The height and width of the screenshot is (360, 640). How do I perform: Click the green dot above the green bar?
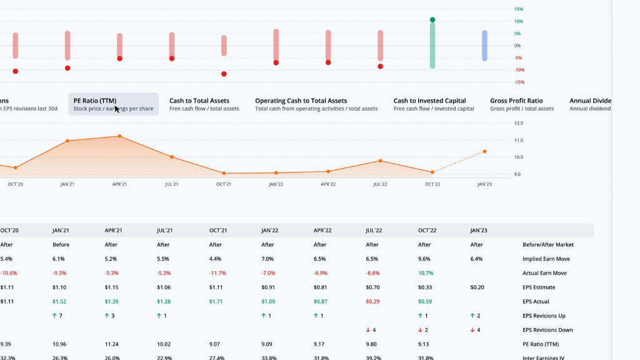(432, 20)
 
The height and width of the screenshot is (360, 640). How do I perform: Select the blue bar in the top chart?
(484, 46)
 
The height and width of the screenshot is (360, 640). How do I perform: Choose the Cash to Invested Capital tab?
(429, 101)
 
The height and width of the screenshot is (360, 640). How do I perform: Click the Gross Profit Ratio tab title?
(516, 101)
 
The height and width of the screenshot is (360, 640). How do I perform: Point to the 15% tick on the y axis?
(518, 9)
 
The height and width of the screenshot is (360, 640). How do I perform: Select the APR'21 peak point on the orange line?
(119, 136)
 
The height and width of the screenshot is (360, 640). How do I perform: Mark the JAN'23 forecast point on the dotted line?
(484, 151)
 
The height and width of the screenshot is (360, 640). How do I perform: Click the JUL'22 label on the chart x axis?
(380, 184)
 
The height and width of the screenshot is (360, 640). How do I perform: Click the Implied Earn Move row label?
(545, 259)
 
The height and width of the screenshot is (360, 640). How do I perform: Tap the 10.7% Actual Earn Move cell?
(425, 273)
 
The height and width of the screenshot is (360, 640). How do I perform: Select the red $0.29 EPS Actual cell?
(372, 302)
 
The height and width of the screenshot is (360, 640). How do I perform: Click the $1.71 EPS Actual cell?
(216, 302)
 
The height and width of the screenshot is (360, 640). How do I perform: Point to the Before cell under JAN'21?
(61, 245)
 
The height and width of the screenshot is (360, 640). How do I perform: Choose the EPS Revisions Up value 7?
(61, 316)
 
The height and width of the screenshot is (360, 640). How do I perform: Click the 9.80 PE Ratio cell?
(372, 344)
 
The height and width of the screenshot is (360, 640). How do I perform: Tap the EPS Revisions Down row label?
(548, 330)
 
